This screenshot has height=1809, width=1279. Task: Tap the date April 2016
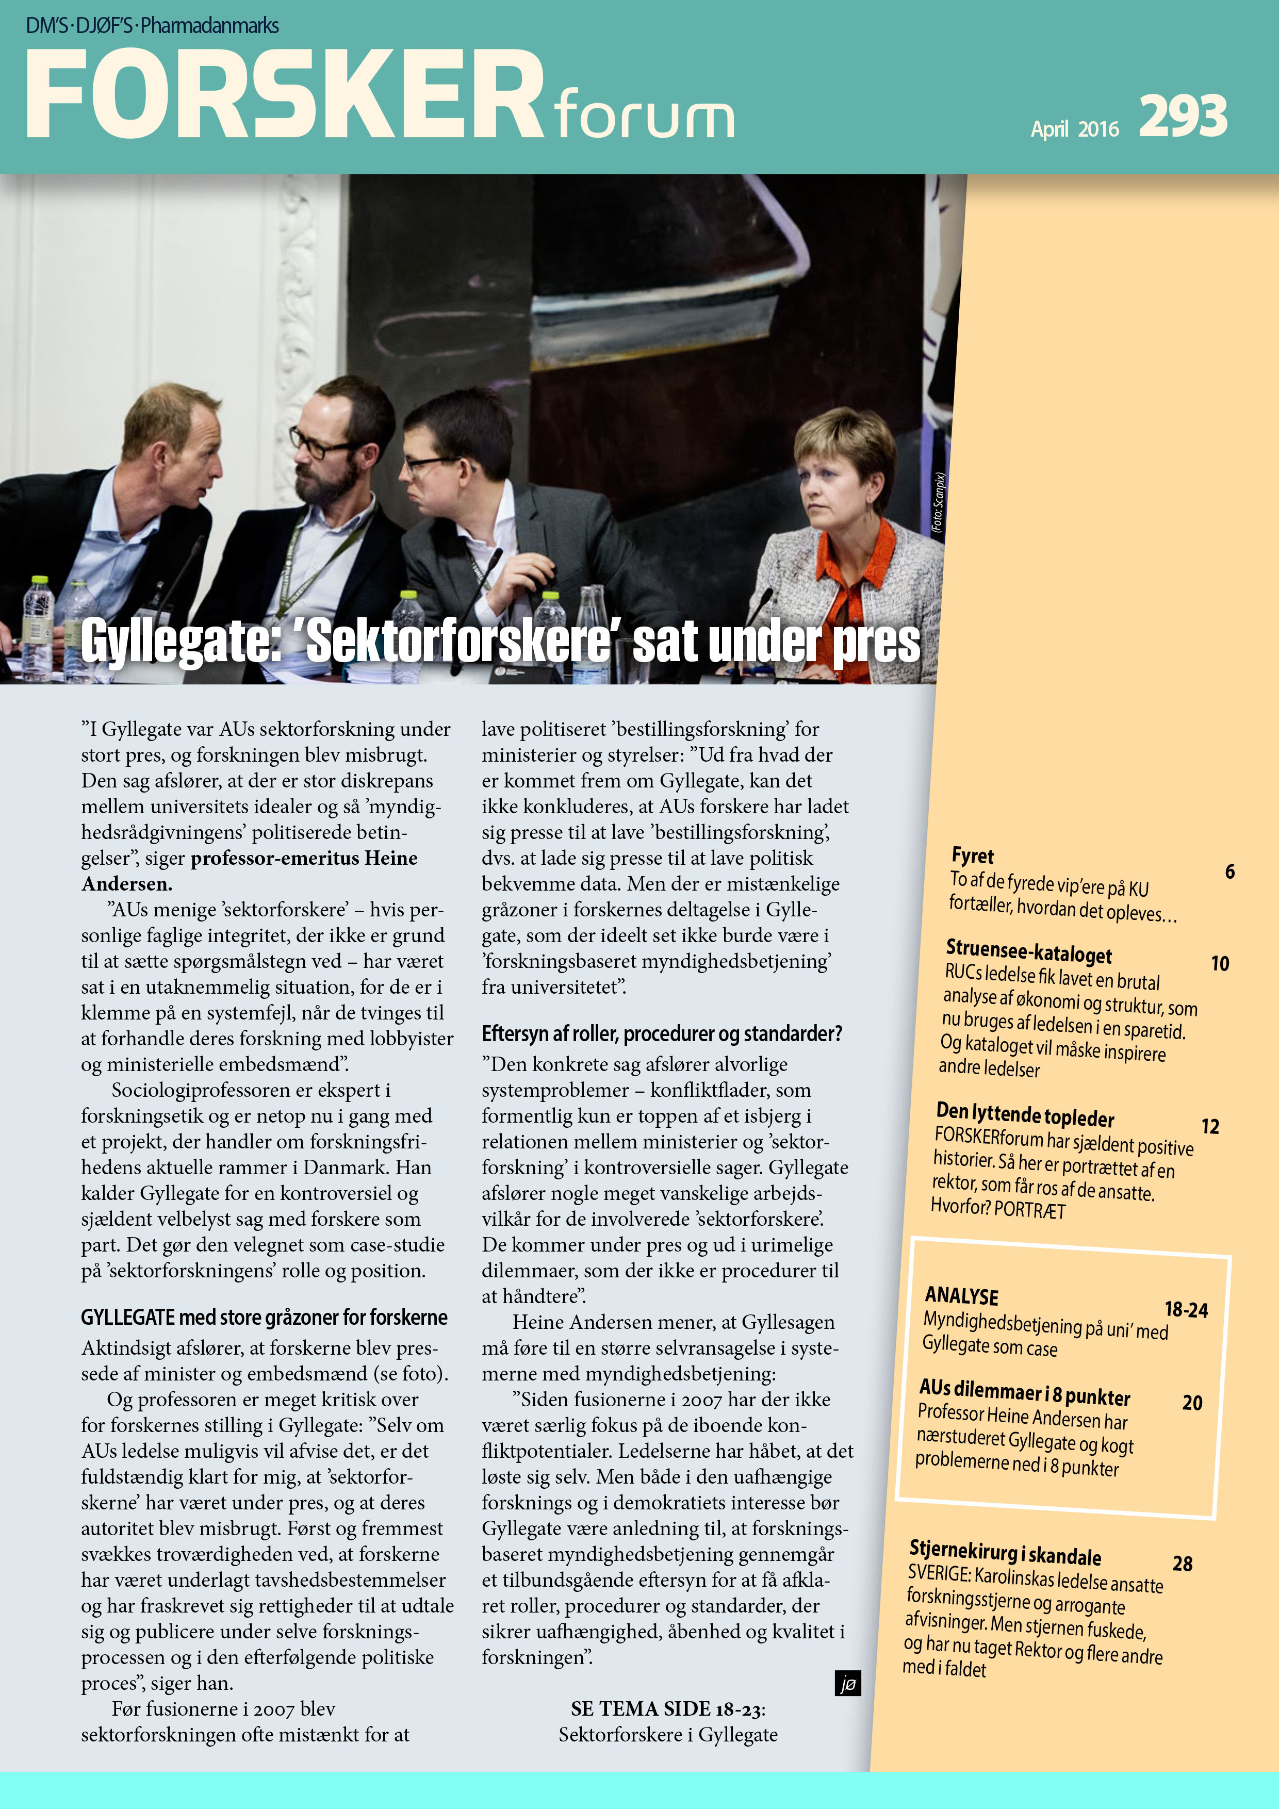tap(1074, 128)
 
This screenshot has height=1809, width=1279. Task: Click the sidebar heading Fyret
tap(973, 856)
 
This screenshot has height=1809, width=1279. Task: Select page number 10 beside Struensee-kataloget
tap(1220, 964)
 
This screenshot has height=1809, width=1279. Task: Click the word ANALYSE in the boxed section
tap(961, 1296)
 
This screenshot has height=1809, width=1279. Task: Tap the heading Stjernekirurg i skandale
tap(1005, 1553)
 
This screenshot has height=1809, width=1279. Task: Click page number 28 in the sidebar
tap(1182, 1564)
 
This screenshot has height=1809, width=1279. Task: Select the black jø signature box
tap(847, 1684)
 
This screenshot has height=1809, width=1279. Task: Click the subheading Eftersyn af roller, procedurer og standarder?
tap(662, 1034)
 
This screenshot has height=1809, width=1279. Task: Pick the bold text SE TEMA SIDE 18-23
tap(667, 1709)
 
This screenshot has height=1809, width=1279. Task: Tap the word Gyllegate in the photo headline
tap(179, 642)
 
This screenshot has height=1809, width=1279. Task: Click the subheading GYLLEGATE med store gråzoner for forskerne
tap(264, 1318)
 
